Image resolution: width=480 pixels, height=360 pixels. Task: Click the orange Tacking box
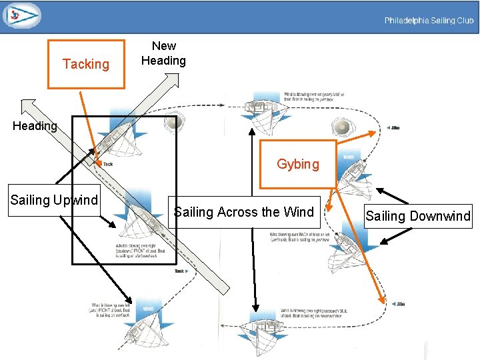click(86, 64)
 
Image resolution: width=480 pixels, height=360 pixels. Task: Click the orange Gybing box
click(298, 164)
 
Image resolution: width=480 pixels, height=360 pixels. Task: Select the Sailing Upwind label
click(54, 200)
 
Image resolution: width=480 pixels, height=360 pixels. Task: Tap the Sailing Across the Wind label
click(244, 213)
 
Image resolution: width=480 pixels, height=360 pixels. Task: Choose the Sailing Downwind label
click(418, 216)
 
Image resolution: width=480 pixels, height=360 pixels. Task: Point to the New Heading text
click(164, 53)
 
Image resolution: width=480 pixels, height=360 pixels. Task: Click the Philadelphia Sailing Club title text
click(429, 21)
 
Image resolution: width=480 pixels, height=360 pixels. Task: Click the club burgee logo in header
click(21, 15)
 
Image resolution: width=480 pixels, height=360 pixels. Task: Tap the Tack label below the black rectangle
click(180, 271)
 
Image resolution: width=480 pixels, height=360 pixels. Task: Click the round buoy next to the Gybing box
click(341, 127)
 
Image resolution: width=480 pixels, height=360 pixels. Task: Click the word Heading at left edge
click(35, 126)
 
